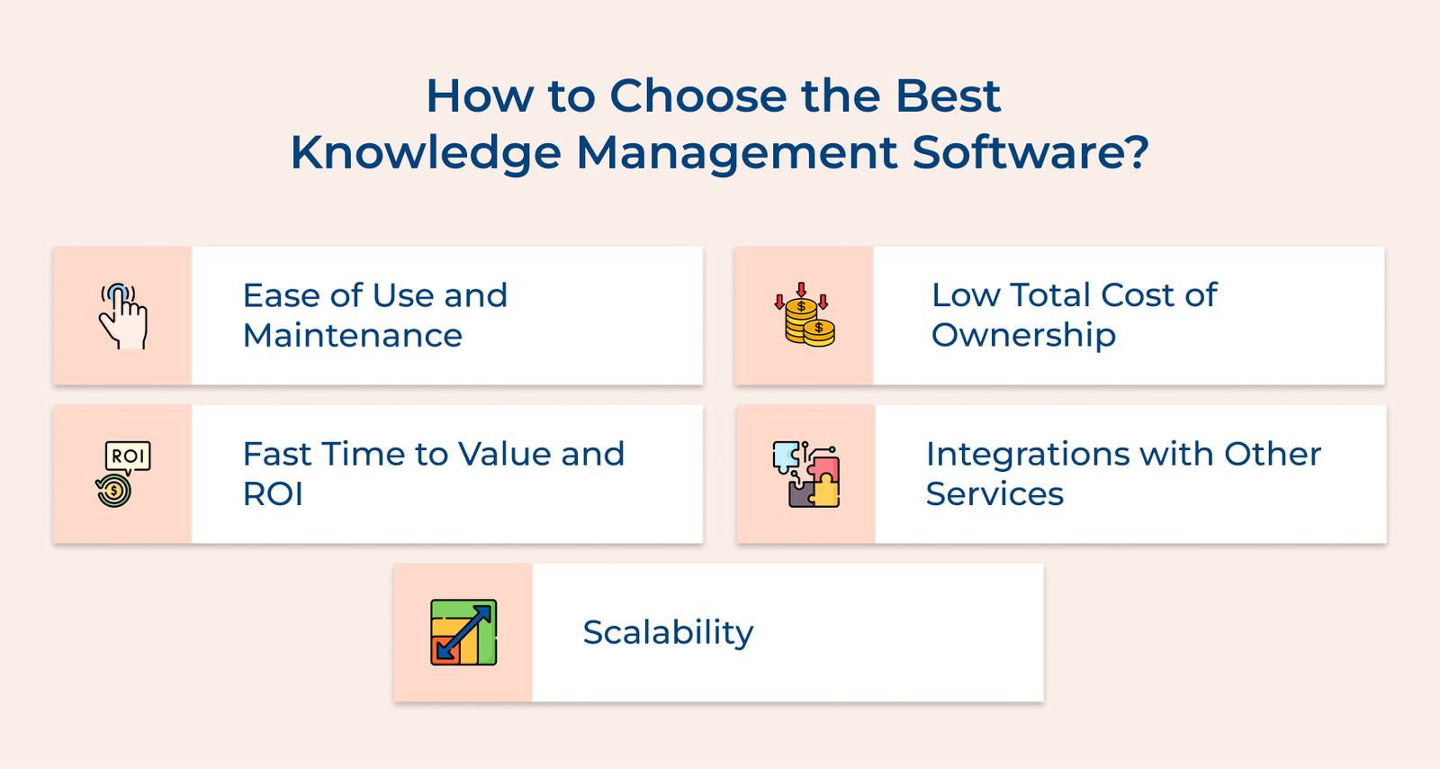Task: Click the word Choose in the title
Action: [698, 95]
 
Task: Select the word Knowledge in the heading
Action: [425, 153]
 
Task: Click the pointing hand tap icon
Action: [123, 316]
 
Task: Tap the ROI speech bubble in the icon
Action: [128, 456]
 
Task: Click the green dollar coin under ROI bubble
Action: [114, 491]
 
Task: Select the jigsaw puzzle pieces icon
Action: [806, 475]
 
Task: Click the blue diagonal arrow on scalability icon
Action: [463, 632]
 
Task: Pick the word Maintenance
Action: [352, 336]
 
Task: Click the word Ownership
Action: [1023, 336]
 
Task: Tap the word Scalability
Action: [668, 632]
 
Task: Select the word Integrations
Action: [1021, 454]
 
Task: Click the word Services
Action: [994, 494]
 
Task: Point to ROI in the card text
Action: [273, 494]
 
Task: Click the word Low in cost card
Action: [965, 295]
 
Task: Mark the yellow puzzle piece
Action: [824, 492]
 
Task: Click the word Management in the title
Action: [736, 153]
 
